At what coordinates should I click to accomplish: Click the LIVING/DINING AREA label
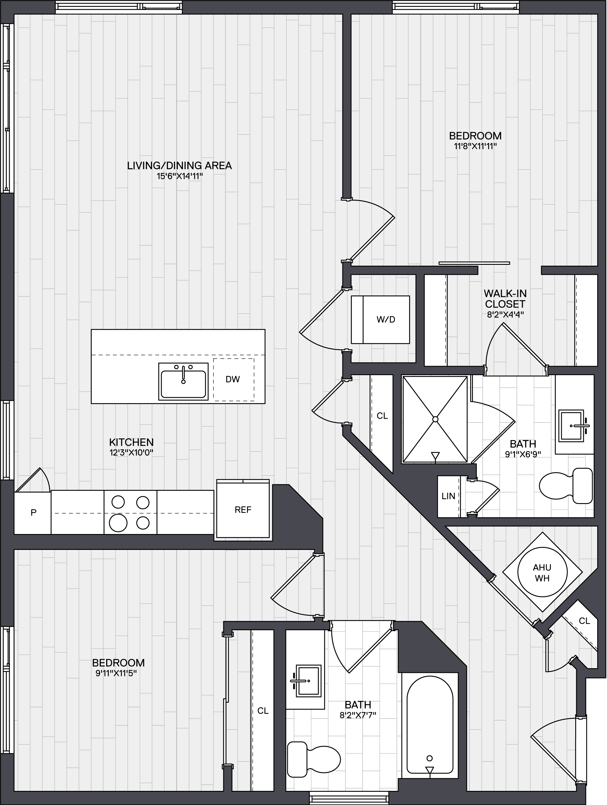tap(179, 166)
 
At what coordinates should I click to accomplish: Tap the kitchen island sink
tap(183, 381)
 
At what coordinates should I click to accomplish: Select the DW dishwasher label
tap(233, 379)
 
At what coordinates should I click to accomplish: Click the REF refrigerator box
tap(243, 510)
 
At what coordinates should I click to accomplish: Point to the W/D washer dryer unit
tap(381, 320)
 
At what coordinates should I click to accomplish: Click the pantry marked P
tap(32, 513)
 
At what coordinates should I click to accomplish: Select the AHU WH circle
tap(542, 572)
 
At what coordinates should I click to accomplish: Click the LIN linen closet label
tap(448, 496)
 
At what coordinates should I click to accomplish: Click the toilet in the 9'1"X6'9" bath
tap(566, 486)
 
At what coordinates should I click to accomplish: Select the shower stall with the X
tap(435, 419)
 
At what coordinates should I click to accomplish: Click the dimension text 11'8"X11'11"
tap(475, 147)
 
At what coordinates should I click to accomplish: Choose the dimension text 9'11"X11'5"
tap(116, 673)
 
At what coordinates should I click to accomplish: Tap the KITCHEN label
tap(131, 443)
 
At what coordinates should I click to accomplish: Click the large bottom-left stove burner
tap(118, 523)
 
